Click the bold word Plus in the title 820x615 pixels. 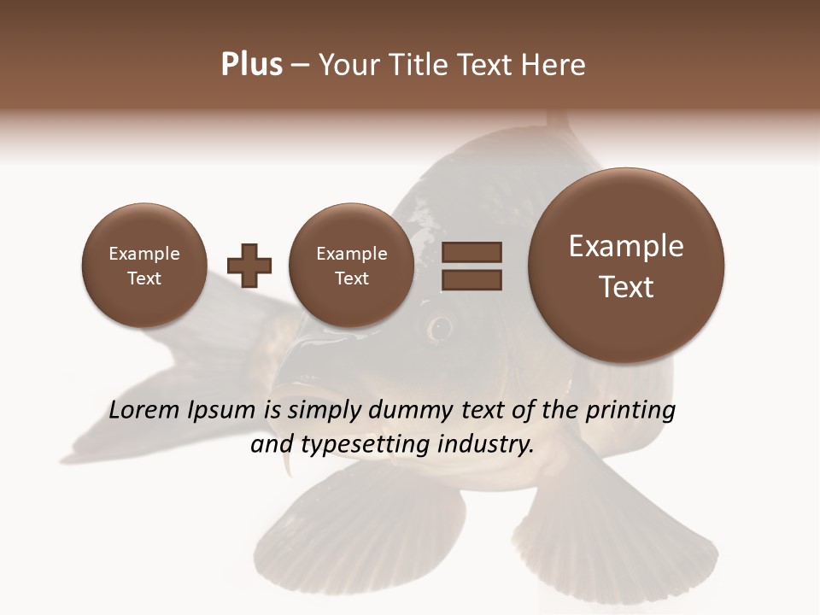coord(251,64)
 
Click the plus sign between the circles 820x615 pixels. coord(249,265)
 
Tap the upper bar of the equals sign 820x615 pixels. coord(471,252)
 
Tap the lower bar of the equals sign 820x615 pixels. coord(471,279)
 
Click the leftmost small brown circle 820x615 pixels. coord(143,265)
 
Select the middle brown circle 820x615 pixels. coord(351,265)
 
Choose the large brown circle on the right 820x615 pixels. coord(626,266)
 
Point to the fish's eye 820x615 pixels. coord(441,326)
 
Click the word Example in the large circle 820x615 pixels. coord(626,246)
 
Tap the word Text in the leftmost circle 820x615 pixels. coord(143,278)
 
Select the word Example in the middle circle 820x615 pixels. coord(351,254)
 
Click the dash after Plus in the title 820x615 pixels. coord(300,66)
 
